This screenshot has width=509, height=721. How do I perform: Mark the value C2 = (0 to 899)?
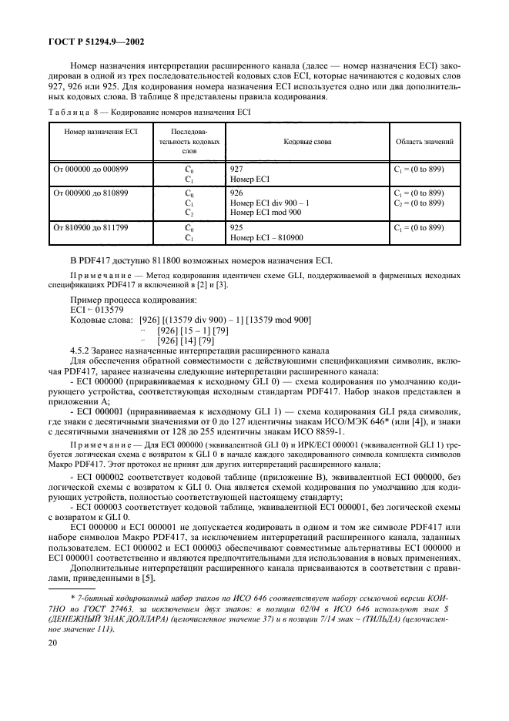[x=419, y=202]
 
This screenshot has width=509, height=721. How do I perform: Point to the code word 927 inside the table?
[x=237, y=168]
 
